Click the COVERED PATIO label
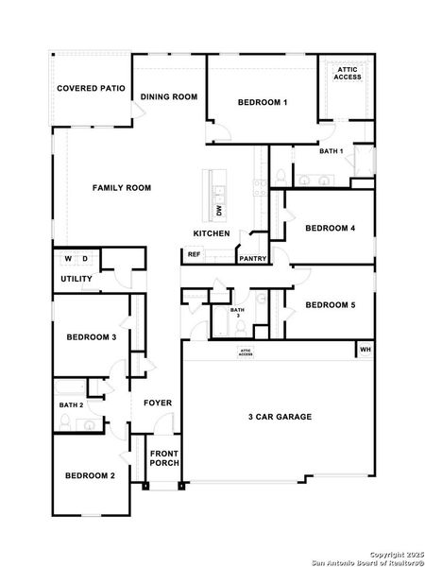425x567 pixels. point(91,89)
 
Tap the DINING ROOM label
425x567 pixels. point(168,96)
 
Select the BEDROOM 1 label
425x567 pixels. point(262,102)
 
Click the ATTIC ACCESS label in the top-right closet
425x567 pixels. point(348,74)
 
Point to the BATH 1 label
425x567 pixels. point(330,151)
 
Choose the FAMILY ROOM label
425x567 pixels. point(121,188)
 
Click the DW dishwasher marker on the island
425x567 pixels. point(219,210)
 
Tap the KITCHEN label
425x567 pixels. point(212,233)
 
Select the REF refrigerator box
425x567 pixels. point(194,254)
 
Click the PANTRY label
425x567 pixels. point(252,259)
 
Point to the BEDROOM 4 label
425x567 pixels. point(331,228)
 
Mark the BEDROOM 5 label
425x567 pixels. point(331,304)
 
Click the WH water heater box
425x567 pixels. point(365,351)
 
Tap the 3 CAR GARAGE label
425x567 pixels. point(280,417)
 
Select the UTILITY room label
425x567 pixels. point(76,279)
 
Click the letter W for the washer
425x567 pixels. point(68,258)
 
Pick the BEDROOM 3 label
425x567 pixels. point(91,337)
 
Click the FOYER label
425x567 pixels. point(158,404)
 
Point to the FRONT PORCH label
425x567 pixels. point(163,459)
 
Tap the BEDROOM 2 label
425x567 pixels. point(90,475)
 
